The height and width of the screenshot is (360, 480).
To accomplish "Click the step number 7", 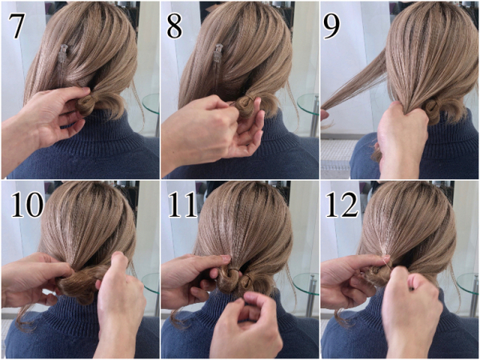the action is (x=16, y=26).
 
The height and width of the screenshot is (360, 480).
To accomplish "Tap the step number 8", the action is (x=174, y=26).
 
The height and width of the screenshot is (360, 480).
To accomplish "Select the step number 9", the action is (x=332, y=26).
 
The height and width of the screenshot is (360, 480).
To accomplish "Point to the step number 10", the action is (x=27, y=205).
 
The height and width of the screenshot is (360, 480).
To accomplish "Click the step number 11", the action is (x=182, y=205).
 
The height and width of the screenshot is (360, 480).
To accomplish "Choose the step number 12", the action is (x=342, y=205).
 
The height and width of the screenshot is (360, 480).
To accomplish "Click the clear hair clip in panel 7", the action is (x=63, y=54).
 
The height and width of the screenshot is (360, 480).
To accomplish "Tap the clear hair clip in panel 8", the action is (x=218, y=54).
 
